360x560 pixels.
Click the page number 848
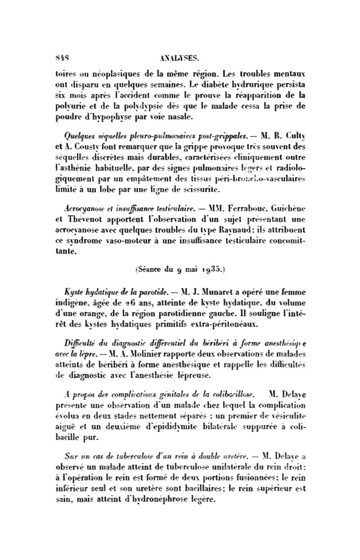click(61, 58)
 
